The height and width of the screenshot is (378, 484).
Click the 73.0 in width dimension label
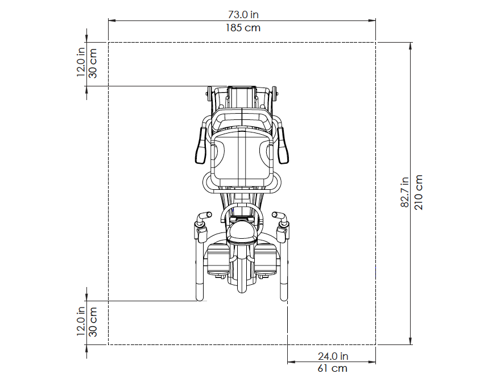click(243, 15)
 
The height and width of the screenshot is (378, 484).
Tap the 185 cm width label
click(243, 28)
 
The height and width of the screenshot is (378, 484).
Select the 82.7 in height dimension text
click(405, 192)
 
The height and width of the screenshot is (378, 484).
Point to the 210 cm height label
click(418, 192)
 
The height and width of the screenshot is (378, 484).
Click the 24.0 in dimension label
click(333, 356)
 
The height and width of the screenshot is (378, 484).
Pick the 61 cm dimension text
click(333, 368)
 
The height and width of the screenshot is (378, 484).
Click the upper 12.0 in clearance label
click(81, 62)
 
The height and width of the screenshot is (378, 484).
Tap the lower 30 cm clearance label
click(93, 322)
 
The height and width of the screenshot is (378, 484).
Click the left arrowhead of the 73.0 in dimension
click(111, 20)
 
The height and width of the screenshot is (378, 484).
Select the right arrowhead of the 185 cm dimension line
click(372, 20)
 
